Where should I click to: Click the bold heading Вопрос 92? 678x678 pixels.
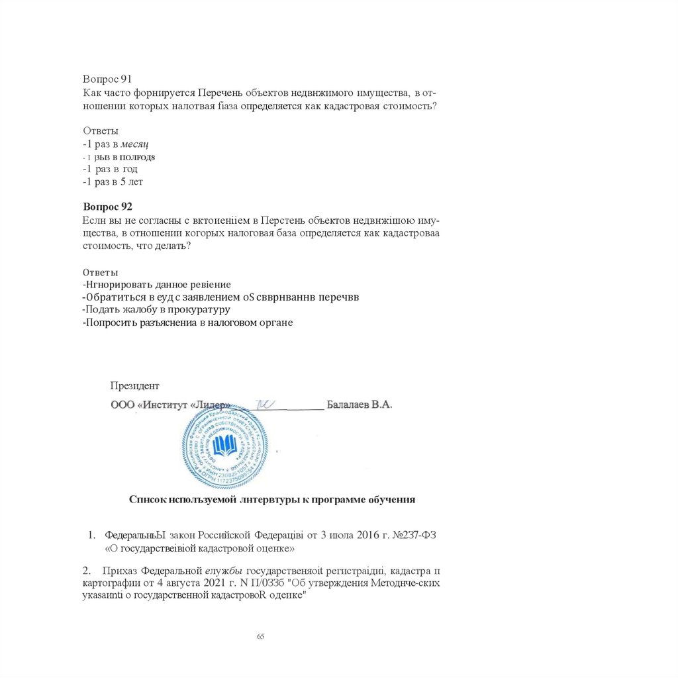108,207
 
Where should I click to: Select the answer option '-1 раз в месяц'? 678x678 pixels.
116,144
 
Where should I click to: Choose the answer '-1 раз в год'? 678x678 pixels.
111,169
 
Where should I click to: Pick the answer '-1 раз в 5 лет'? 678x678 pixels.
113,181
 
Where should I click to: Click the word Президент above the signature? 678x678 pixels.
134,386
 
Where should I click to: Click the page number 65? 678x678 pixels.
260,636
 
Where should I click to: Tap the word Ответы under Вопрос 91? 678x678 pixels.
101,130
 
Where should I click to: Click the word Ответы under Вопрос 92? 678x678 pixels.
101,272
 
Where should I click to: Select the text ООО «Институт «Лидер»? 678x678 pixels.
170,405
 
